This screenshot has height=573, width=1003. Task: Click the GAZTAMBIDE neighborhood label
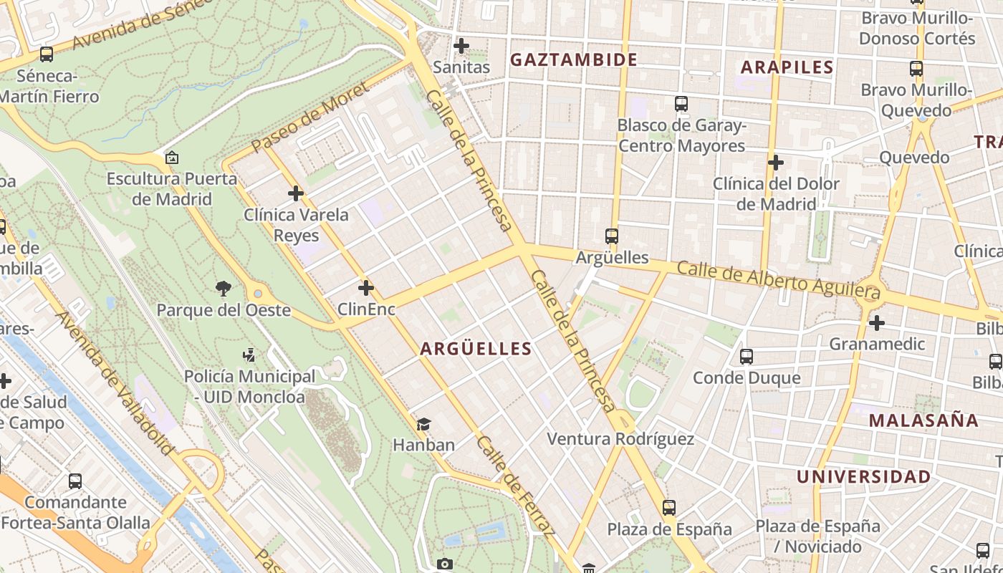pos(573,59)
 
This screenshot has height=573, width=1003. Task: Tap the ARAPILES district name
pos(787,68)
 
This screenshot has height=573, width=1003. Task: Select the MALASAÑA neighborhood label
pos(923,420)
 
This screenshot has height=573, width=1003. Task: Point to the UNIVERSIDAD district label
pos(863,477)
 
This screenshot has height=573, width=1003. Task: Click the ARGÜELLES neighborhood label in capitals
pos(476,349)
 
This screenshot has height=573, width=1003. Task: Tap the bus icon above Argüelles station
pos(611,236)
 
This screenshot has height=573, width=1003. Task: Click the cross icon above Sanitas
pos(461,46)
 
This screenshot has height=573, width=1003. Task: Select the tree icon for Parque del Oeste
pos(224,288)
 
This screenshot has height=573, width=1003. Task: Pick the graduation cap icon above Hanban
pos(423,424)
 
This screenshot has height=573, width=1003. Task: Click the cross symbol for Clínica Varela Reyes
pos(296,193)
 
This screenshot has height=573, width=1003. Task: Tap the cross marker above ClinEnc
pos(366,288)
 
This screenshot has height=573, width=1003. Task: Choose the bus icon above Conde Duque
pos(746,356)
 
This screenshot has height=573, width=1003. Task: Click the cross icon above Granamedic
pos(876,323)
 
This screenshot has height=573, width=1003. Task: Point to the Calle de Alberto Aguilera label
pos(778,280)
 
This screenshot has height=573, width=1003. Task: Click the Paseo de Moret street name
pos(309,117)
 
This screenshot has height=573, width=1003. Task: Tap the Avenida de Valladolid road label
pos(115,382)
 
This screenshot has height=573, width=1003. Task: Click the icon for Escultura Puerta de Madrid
pos(171,158)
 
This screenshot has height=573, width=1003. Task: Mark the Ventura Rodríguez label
pos(620,439)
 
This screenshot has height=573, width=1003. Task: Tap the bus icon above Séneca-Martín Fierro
pos(47,54)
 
